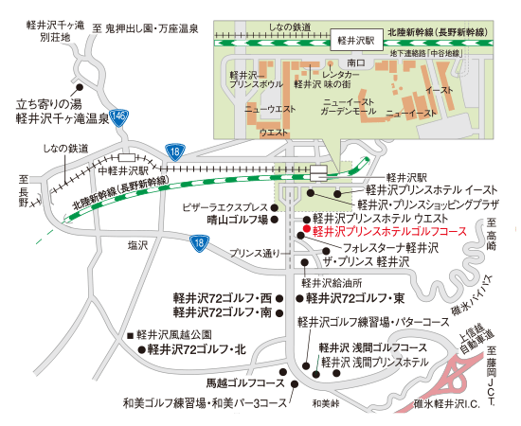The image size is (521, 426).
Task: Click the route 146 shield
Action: point(117,115)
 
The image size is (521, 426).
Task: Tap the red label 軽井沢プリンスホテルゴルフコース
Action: point(389,230)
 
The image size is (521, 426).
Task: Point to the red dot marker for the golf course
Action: point(302,230)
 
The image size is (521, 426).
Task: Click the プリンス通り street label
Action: point(257,253)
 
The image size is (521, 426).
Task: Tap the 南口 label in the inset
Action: point(356,62)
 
